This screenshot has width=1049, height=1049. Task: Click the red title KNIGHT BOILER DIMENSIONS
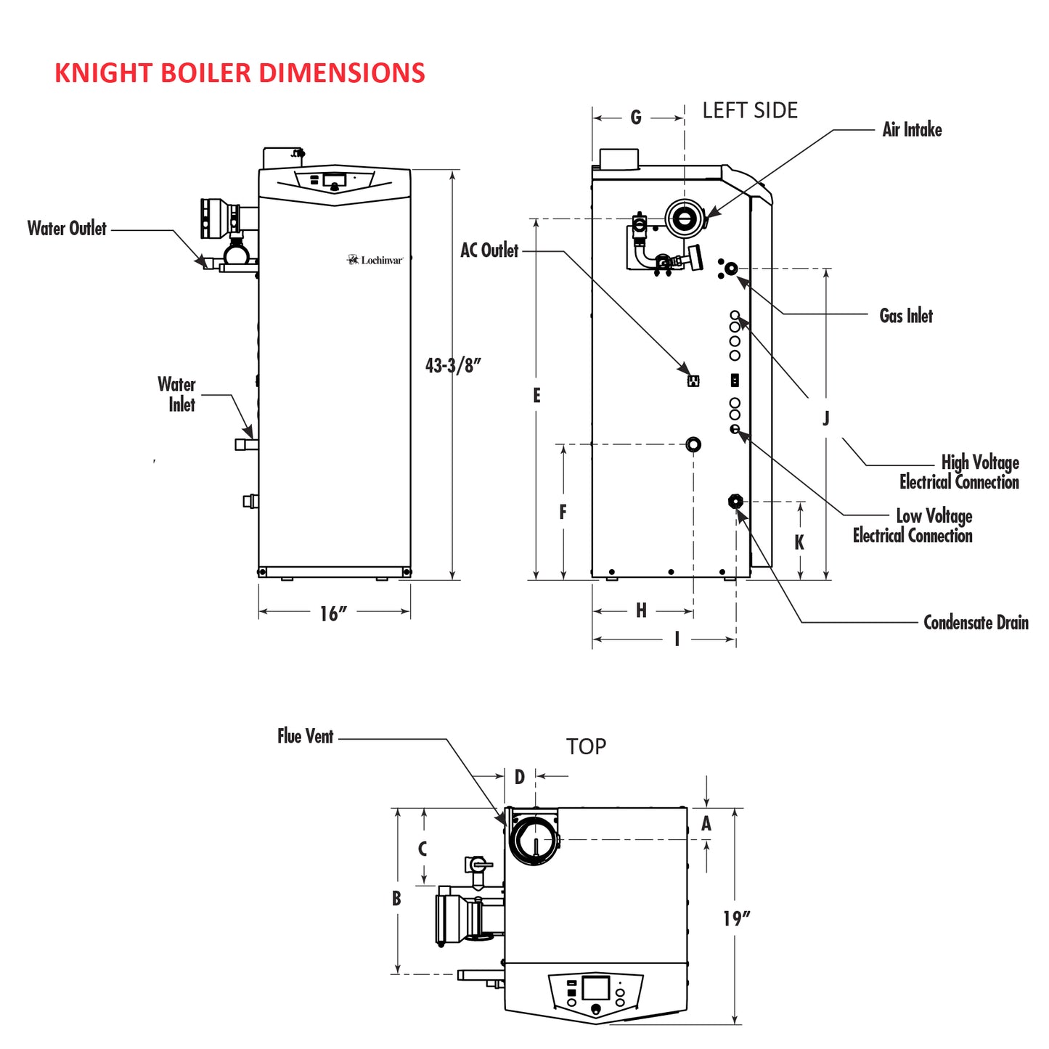pyautogui.click(x=240, y=73)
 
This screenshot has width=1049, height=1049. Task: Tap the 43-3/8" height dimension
pyautogui.click(x=453, y=365)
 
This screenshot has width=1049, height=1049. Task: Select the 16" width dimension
pyautogui.click(x=333, y=613)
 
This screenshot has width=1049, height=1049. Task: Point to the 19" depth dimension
pyautogui.click(x=736, y=918)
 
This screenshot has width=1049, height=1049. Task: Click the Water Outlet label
pyautogui.click(x=67, y=229)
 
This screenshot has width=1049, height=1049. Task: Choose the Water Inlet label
pyautogui.click(x=177, y=394)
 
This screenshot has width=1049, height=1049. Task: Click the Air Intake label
pyautogui.click(x=912, y=130)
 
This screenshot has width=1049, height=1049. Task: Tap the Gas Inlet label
pyautogui.click(x=905, y=316)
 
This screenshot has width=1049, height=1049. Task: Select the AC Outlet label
pyautogui.click(x=489, y=250)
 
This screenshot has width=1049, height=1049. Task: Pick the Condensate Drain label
pyautogui.click(x=975, y=623)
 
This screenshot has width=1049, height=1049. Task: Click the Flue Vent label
pyautogui.click(x=305, y=736)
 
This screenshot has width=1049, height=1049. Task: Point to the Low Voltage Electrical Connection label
pyautogui.click(x=913, y=526)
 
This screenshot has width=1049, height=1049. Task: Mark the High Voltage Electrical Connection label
pyautogui.click(x=959, y=473)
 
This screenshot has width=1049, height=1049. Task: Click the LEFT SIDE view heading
pyautogui.click(x=749, y=110)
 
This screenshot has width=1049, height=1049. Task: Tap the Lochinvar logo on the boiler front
pyautogui.click(x=375, y=260)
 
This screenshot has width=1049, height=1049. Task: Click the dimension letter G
pyautogui.click(x=636, y=118)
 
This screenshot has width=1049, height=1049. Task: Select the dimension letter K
pyautogui.click(x=799, y=542)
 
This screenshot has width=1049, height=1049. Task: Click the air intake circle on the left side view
pyautogui.click(x=685, y=217)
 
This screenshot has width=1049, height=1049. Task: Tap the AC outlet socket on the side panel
pyautogui.click(x=693, y=380)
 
